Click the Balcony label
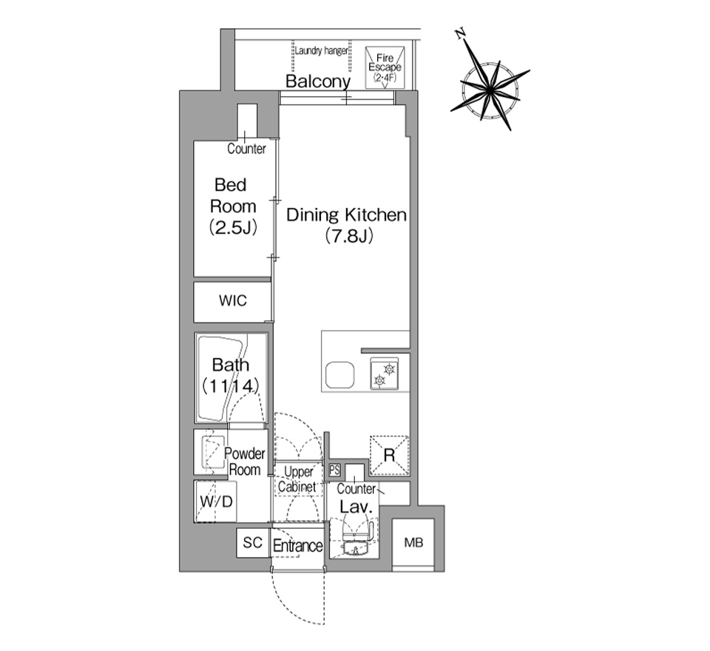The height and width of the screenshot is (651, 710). tap(318, 81)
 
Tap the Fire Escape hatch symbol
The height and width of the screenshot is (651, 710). tap(385, 67)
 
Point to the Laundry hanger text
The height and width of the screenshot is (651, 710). tap(322, 51)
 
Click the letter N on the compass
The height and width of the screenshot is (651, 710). tap(461, 34)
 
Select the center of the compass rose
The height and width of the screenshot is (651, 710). tap(490, 90)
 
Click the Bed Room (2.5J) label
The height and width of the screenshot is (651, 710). tap(233, 206)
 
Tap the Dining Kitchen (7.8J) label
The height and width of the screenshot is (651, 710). tap(346, 225)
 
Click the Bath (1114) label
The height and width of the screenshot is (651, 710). tap(231, 375)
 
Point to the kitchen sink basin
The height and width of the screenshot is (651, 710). tap(340, 375)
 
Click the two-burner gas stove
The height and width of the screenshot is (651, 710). tap(384, 374)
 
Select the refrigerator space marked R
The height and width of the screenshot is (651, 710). tap(390, 455)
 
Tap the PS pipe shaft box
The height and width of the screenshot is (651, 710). tap(334, 470)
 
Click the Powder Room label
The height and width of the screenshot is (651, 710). tap(245, 461)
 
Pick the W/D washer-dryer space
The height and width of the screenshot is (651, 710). tap(216, 502)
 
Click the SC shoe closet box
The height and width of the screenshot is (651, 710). tap(253, 542)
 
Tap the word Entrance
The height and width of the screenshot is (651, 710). tap(298, 546)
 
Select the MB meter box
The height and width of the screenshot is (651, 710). tap(413, 542)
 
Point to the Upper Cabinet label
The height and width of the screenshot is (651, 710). tap(298, 479)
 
